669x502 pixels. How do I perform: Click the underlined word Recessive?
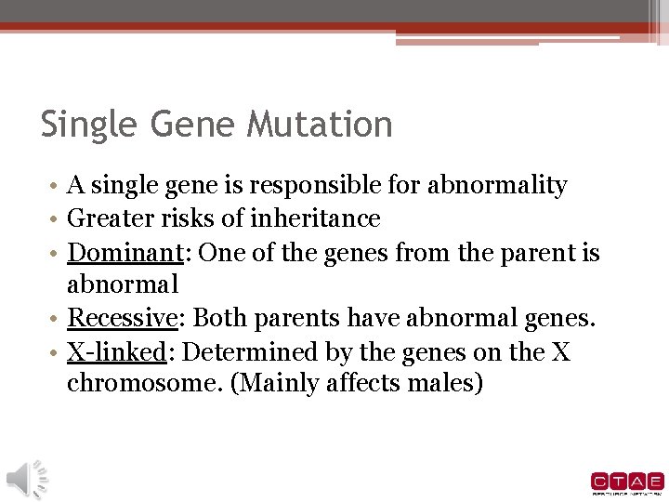pyautogui.click(x=122, y=319)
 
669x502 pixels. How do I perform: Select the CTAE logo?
pyautogui.click(x=627, y=482)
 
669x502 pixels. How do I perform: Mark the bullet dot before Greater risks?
pyautogui.click(x=58, y=219)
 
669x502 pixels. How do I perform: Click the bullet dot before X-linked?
pyautogui.click(x=58, y=353)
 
